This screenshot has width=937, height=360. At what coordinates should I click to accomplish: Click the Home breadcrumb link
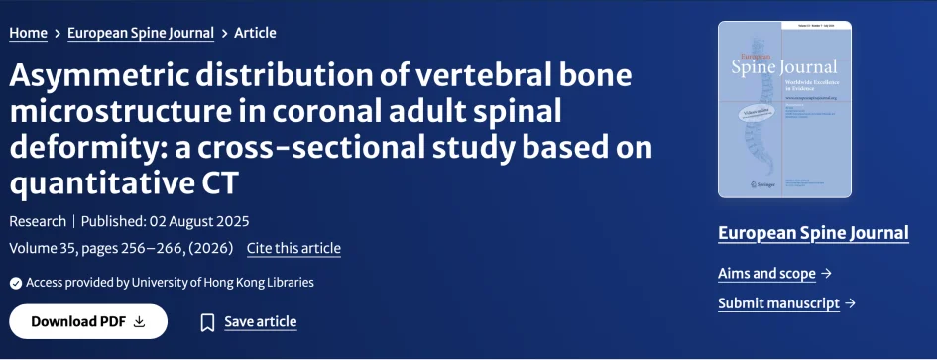pos(28,33)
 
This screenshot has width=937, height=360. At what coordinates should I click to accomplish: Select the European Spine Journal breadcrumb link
pos(141,33)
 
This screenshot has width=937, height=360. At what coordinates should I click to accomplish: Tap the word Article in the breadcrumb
pos(255,33)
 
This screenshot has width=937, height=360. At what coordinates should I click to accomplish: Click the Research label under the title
pos(38,221)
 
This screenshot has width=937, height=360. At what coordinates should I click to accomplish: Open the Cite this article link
pos(293,248)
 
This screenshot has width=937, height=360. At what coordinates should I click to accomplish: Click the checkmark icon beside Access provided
pos(15,283)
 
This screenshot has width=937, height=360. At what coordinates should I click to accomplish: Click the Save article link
pos(260,321)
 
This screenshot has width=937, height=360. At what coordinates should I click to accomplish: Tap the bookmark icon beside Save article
pos(207,322)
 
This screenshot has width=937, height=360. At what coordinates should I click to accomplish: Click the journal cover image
pos(776,109)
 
